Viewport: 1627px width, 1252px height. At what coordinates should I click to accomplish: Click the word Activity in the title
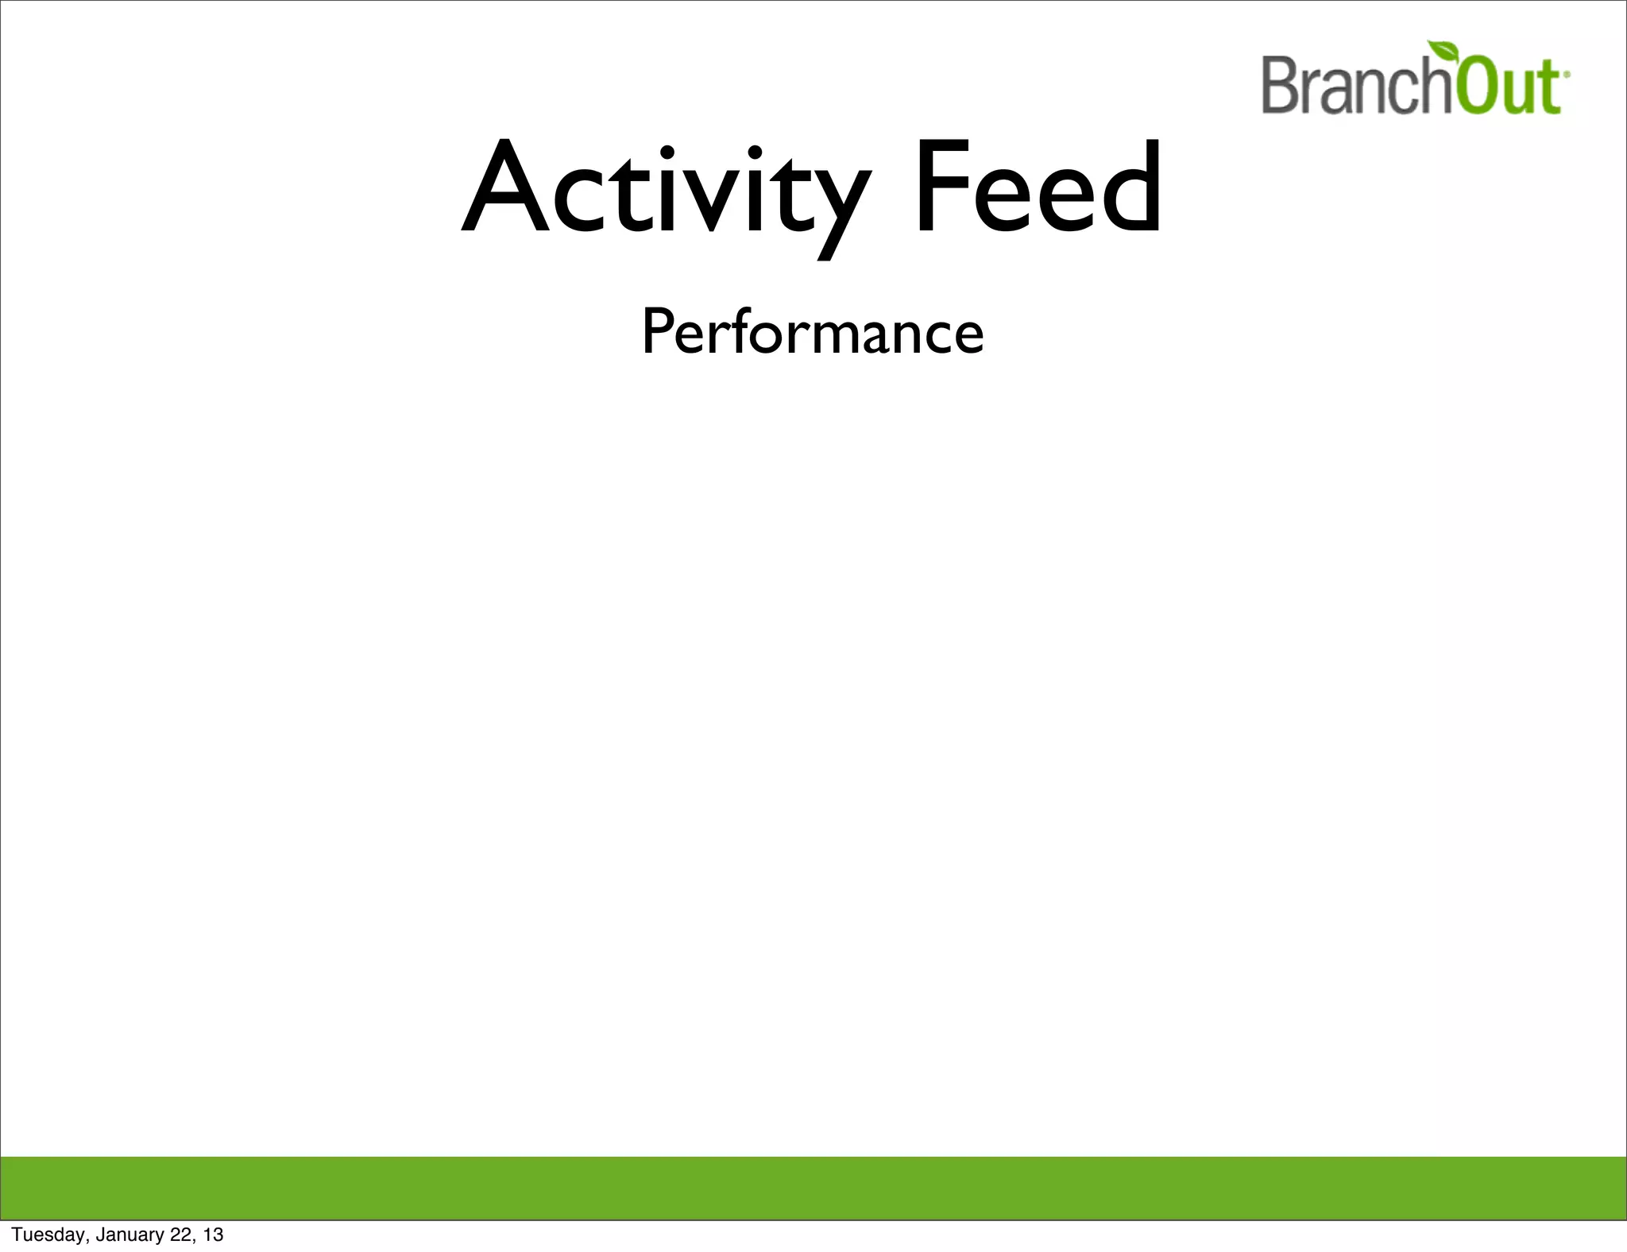[x=666, y=191]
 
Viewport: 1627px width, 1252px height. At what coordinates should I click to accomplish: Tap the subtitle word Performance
[x=813, y=332]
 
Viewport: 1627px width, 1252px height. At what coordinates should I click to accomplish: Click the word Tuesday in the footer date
[x=49, y=1235]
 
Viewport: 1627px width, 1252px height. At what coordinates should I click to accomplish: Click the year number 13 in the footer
[x=213, y=1235]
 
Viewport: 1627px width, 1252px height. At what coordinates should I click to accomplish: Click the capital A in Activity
[x=507, y=189]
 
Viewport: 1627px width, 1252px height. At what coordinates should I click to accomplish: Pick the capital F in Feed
[x=941, y=187]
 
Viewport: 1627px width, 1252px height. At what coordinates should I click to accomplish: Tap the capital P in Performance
[x=658, y=332]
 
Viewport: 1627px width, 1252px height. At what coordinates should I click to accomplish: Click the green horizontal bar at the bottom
[x=813, y=1188]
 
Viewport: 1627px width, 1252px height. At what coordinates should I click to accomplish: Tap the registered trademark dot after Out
[x=1566, y=73]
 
